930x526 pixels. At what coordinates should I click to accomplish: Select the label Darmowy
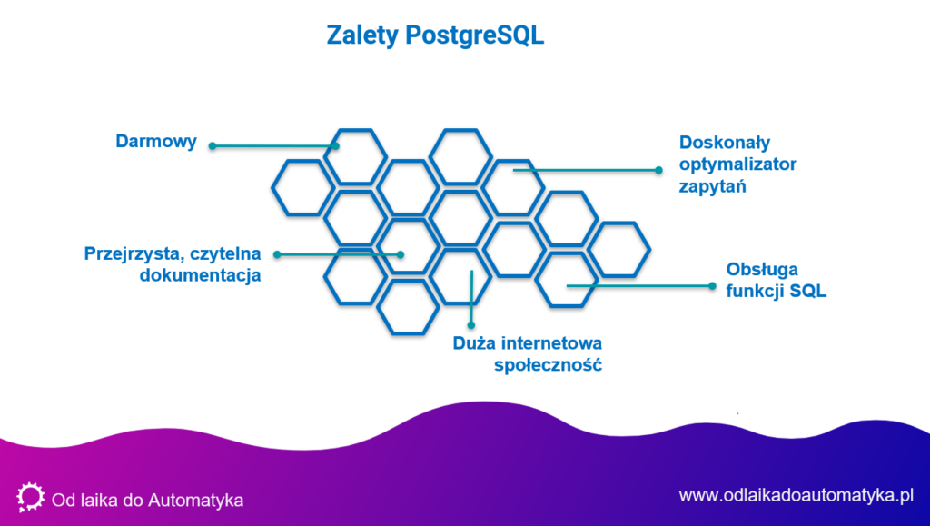click(x=156, y=141)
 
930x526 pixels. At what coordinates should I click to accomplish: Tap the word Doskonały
click(x=725, y=143)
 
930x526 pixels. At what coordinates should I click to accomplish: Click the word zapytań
click(x=712, y=187)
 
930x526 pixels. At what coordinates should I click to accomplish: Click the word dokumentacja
click(x=201, y=275)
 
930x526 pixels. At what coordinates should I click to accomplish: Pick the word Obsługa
click(x=764, y=270)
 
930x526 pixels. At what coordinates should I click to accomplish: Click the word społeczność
click(x=549, y=365)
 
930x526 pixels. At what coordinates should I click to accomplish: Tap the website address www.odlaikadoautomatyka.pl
click(x=795, y=495)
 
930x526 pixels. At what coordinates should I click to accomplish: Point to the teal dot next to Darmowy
click(x=213, y=145)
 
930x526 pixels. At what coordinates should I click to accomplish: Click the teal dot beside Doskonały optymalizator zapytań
click(x=660, y=169)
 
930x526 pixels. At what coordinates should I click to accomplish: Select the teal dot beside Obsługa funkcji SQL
click(x=713, y=285)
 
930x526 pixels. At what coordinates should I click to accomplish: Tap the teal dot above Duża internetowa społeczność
click(x=471, y=323)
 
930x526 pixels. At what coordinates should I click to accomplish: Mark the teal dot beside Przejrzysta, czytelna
click(x=276, y=254)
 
